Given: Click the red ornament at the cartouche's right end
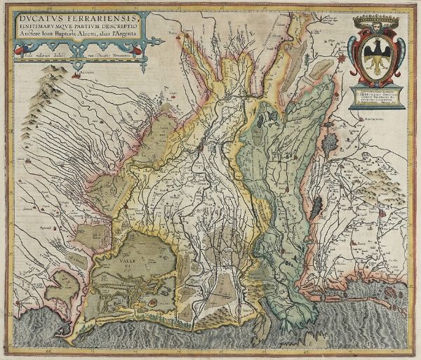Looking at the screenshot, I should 148,48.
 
